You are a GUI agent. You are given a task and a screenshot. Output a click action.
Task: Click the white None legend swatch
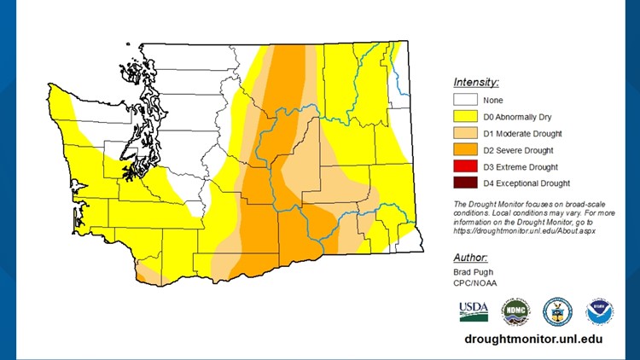point(465,101)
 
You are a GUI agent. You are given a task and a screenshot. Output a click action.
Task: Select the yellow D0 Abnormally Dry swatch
point(465,117)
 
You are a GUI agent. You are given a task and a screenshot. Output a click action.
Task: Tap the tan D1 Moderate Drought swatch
point(465,133)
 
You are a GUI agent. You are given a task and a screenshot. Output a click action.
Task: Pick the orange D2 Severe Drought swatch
point(465,149)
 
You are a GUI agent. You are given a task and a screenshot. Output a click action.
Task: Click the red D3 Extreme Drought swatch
point(465,166)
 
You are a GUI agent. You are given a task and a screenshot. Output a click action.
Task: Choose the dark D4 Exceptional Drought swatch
point(465,183)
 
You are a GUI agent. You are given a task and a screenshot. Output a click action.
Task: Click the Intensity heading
point(475,83)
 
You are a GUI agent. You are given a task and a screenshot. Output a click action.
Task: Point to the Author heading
point(470,257)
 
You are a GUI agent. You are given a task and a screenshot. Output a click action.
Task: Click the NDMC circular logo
point(515,311)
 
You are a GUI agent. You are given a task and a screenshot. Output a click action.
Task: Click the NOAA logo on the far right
point(599,311)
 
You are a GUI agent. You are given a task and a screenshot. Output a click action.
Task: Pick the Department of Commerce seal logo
point(556,311)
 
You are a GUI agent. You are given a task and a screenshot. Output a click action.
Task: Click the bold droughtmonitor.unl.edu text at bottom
point(534,339)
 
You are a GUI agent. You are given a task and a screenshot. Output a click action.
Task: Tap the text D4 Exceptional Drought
point(526,183)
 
